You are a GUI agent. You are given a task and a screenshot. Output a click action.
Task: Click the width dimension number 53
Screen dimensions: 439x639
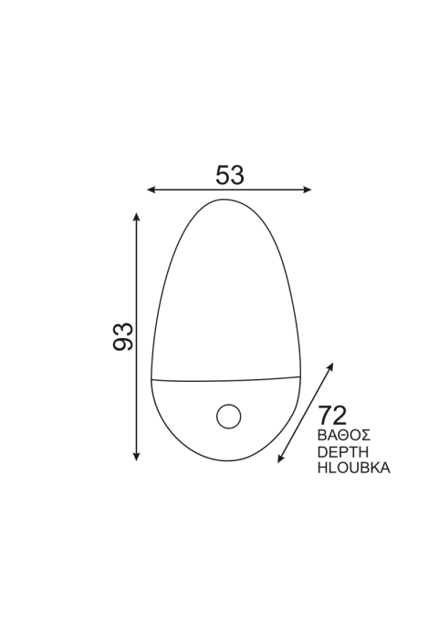pos(230,175)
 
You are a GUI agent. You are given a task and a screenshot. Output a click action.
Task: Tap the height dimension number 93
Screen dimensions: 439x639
pos(123,336)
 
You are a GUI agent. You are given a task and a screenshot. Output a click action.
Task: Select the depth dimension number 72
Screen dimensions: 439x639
pos(332,416)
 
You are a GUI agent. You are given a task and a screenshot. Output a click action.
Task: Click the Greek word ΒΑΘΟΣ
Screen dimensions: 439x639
pos(344,435)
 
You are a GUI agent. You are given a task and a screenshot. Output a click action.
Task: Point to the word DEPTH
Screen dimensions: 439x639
pos(343,451)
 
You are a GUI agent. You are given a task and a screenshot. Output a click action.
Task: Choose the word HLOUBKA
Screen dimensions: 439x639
pos(354,468)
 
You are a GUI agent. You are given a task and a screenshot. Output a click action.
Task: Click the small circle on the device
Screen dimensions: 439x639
pos(228,417)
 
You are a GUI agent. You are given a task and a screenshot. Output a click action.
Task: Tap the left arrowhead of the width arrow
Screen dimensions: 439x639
pos(151,190)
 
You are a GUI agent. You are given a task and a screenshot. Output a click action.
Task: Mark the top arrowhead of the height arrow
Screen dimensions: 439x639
pos(137,215)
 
